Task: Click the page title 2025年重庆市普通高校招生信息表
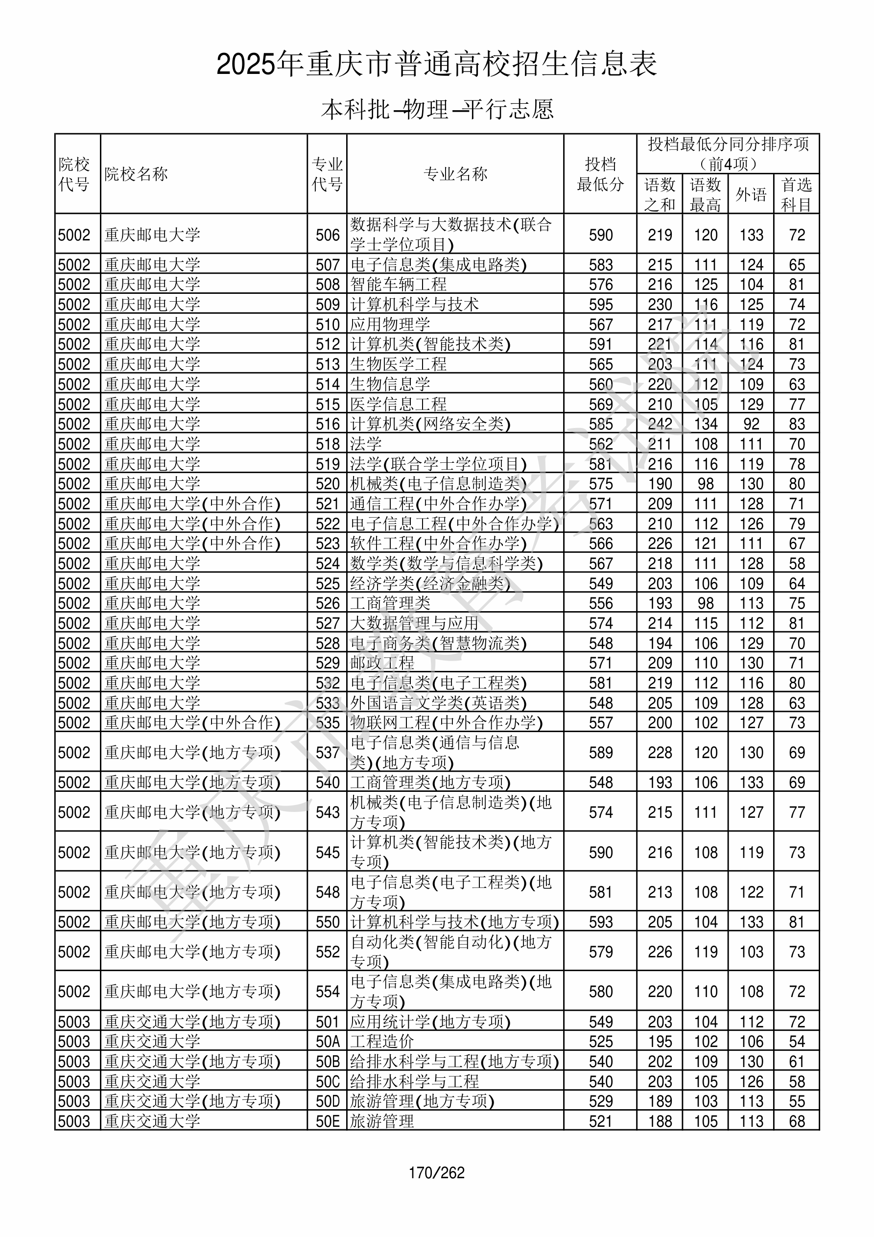point(436,65)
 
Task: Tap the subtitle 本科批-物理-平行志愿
point(436,109)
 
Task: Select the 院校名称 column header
point(136,174)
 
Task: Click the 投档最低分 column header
point(600,174)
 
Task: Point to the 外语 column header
point(751,194)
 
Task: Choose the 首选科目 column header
point(797,194)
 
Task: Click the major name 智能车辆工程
point(398,284)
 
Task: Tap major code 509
point(328,305)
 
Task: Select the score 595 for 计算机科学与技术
point(600,305)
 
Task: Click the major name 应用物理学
point(390,324)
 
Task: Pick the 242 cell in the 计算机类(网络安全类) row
point(660,424)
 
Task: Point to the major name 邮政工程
point(382,663)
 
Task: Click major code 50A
point(328,1042)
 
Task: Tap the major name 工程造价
point(382,1042)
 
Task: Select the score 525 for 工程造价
point(600,1042)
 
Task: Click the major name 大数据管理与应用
point(414,623)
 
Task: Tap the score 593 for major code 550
point(600,922)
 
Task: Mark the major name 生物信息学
point(390,384)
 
